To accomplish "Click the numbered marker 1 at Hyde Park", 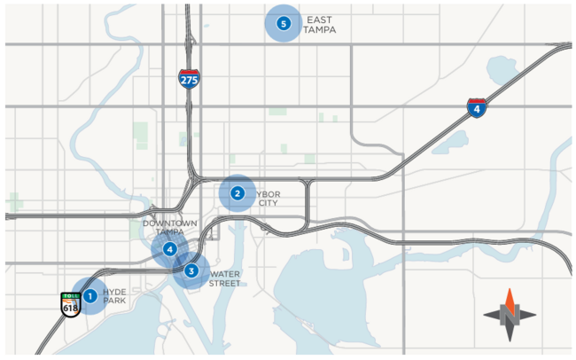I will [x=89, y=293].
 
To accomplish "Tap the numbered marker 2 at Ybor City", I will [x=237, y=192].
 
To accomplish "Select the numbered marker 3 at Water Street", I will [x=191, y=270].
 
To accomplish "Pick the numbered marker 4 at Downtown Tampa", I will [x=169, y=249].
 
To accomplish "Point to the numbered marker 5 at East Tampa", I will [x=284, y=24].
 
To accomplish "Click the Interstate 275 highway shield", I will [x=189, y=78].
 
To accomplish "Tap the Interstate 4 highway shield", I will [x=477, y=108].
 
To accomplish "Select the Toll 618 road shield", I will [x=70, y=303].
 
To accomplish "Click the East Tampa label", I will [x=319, y=24].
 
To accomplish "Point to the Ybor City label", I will [x=268, y=198].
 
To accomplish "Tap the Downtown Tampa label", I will [x=170, y=227].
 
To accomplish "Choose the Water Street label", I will [x=224, y=279].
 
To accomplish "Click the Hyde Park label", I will [x=115, y=296].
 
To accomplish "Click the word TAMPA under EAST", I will [x=319, y=29].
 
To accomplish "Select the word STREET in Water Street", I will [x=224, y=285].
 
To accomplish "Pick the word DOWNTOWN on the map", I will [x=170, y=223].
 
